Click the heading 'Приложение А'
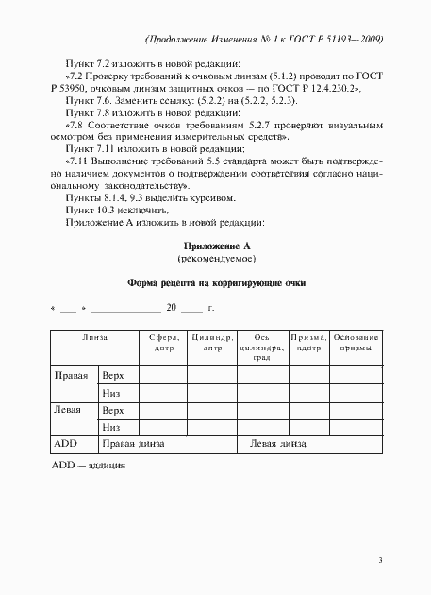215,245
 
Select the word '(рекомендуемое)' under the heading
215,258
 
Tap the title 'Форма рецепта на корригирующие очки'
216,282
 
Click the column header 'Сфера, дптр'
160,343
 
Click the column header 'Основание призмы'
357,343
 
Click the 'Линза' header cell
94,337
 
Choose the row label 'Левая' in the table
69,410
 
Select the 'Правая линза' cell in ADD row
133,444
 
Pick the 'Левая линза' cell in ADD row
276,444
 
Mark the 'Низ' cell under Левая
112,427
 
